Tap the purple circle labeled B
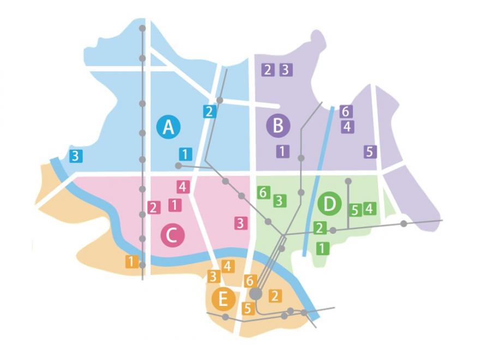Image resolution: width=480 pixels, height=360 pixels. click(278, 126)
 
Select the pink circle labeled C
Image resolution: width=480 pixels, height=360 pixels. click(173, 236)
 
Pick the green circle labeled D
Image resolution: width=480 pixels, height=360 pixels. click(329, 204)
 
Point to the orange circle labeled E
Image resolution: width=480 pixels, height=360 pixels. click(223, 299)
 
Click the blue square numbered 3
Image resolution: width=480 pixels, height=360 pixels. click(76, 155)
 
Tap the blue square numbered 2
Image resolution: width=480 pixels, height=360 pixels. click(209, 112)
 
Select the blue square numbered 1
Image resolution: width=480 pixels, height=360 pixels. click(185, 154)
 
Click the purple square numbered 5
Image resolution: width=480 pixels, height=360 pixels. click(370, 152)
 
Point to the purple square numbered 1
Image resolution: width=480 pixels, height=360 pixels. click(282, 151)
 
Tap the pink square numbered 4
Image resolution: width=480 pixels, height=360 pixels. click(183, 187)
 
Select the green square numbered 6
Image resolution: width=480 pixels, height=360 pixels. click(263, 192)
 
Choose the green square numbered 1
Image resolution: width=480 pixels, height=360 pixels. click(322, 248)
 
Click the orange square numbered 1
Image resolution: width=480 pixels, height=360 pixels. click(131, 261)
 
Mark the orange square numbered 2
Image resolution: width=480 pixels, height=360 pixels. click(275, 296)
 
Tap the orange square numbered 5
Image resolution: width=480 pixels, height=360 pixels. click(248, 308)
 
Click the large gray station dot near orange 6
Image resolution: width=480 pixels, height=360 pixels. click(255, 294)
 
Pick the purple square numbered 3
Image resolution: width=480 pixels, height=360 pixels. click(286, 70)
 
